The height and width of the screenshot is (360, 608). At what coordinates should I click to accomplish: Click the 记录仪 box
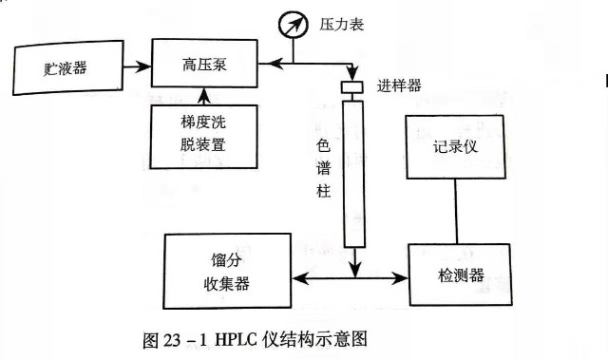pyautogui.click(x=459, y=146)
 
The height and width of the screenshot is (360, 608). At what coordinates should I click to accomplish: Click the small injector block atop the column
pyautogui.click(x=353, y=87)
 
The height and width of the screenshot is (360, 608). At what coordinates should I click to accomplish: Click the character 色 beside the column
pyautogui.click(x=324, y=147)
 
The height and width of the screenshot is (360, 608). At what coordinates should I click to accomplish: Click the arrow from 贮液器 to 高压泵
pyautogui.click(x=137, y=66)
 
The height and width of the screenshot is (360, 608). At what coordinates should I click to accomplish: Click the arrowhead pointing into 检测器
pyautogui.click(x=401, y=278)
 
